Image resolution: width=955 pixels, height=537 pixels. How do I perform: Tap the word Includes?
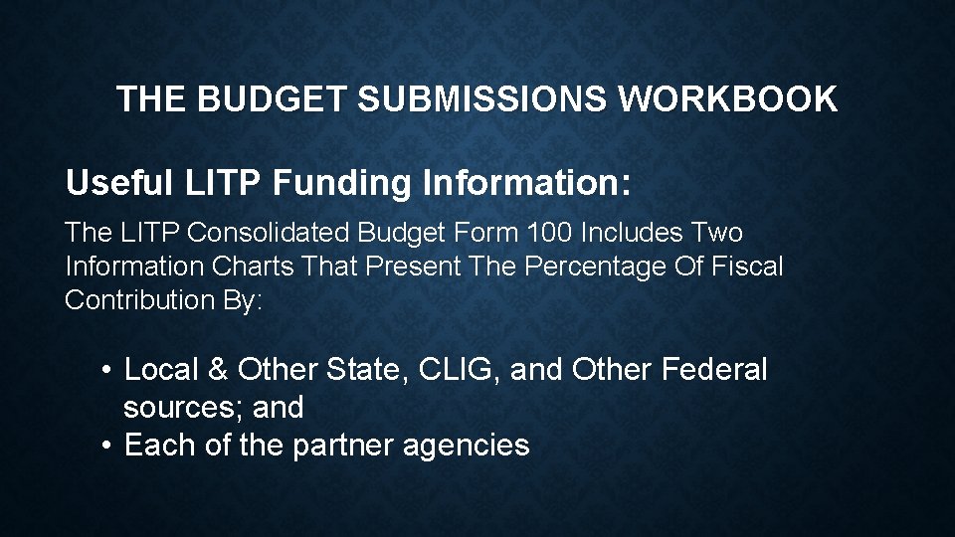point(631,233)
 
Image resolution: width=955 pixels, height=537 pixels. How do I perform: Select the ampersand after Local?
point(218,370)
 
